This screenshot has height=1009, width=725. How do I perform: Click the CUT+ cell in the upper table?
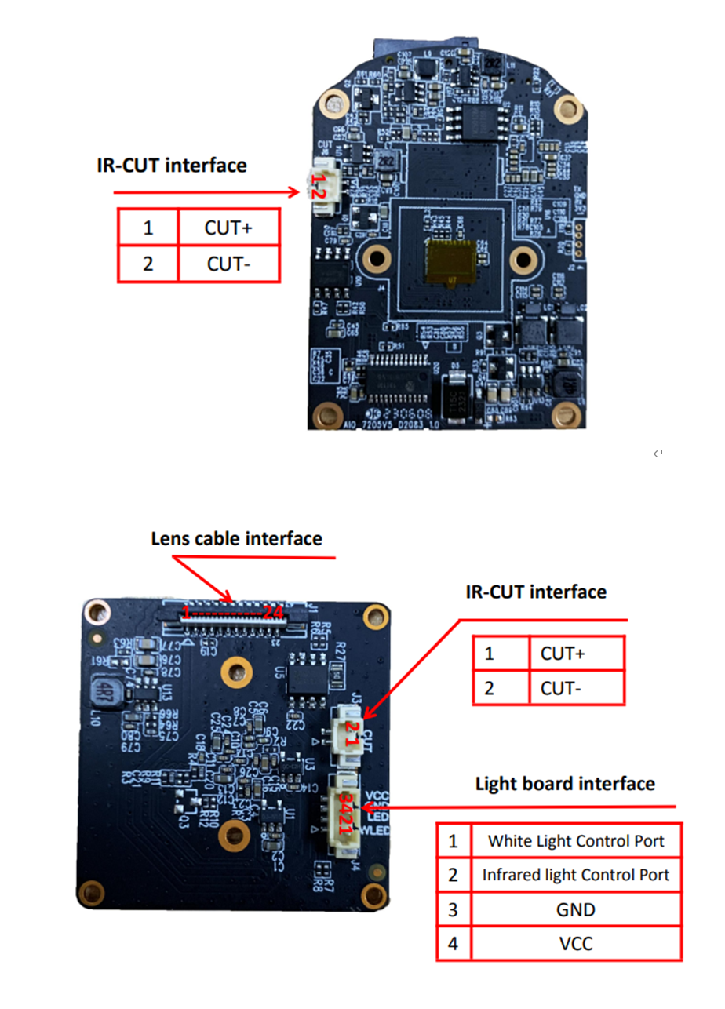[x=228, y=228]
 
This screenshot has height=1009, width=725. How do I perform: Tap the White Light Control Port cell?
[x=575, y=841]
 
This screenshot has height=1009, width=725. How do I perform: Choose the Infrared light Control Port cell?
[x=575, y=875]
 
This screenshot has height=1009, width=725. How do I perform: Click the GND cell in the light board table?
[x=575, y=909]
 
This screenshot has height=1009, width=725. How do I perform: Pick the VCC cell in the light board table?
[x=575, y=943]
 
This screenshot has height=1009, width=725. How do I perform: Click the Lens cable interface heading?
[x=236, y=538]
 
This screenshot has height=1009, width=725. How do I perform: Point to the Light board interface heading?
[x=565, y=783]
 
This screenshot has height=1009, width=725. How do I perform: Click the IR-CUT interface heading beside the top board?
[x=171, y=166]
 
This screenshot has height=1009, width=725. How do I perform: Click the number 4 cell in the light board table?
[x=454, y=943]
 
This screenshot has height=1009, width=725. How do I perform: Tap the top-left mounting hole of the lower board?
[x=97, y=610]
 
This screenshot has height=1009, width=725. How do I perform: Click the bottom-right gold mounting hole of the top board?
[x=564, y=413]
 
